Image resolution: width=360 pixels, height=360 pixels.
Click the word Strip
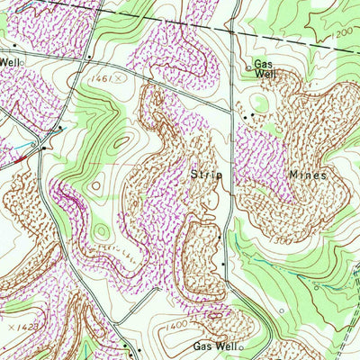click(206, 173)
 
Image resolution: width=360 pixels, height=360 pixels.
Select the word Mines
click(306, 173)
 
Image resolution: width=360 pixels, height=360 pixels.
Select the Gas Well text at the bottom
click(214, 346)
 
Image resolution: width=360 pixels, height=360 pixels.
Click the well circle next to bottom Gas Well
click(241, 346)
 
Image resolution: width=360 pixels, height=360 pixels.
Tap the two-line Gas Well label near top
click(264, 70)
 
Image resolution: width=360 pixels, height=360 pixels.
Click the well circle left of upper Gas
click(249, 66)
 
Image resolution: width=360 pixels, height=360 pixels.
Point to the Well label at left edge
click(9, 62)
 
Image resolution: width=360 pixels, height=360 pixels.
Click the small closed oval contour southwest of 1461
click(96, 186)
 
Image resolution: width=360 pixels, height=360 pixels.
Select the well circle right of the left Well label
click(22, 62)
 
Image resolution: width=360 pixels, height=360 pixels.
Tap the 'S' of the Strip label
click(193, 173)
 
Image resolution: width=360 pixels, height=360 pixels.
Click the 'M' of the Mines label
click(293, 173)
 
